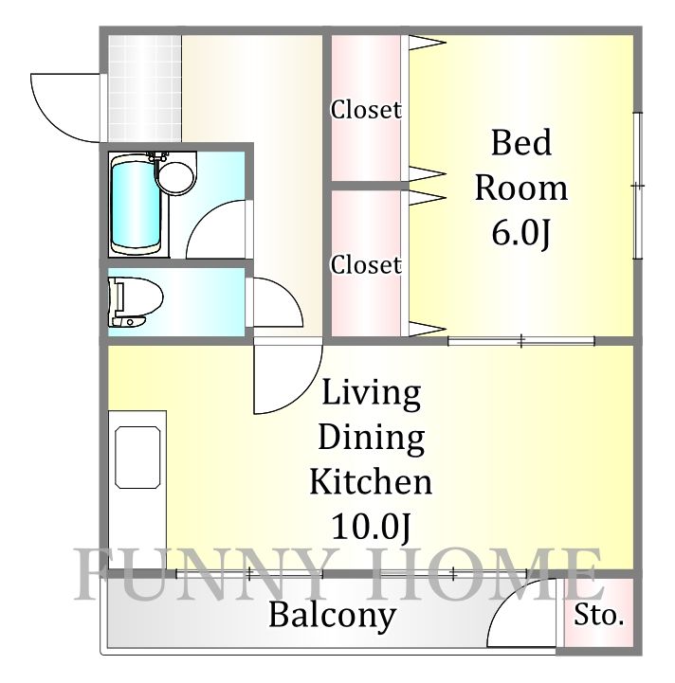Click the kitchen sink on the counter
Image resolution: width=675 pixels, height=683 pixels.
point(137,457)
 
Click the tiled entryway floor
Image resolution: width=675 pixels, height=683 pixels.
point(145,88)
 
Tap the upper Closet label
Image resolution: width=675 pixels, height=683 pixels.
point(365,109)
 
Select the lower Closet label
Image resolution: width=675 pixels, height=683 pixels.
point(365,264)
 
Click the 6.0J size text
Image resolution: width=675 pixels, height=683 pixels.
point(520,234)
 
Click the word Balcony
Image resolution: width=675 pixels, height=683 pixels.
point(332,617)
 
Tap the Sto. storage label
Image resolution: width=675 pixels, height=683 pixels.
point(598,615)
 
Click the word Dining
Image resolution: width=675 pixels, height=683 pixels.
point(372,439)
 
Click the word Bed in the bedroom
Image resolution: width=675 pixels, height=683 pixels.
point(521,142)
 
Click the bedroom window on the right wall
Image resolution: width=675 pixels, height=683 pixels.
point(638,186)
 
